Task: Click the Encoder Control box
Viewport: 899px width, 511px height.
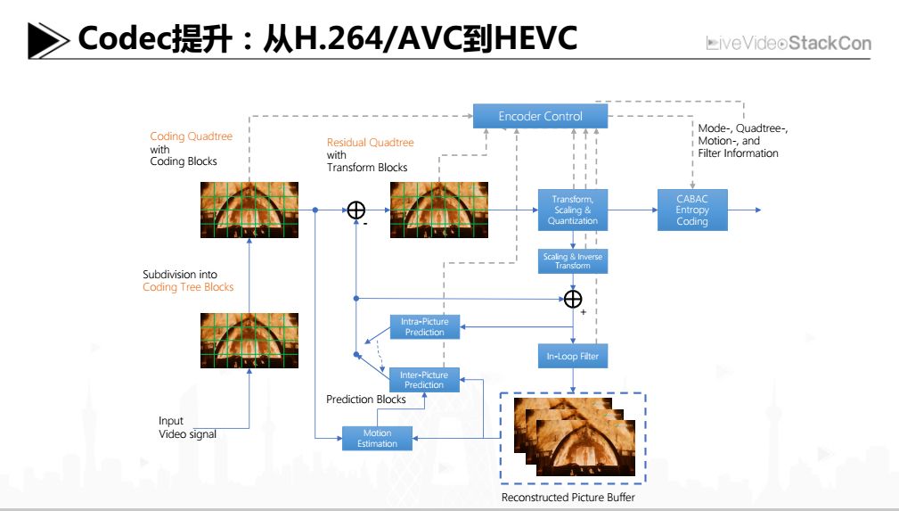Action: [540, 116]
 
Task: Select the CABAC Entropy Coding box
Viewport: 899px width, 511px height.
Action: [691, 210]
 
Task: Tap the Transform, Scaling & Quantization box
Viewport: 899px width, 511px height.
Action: [573, 210]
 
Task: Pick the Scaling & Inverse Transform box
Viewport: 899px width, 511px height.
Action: [573, 261]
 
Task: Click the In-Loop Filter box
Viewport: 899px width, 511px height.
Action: [573, 357]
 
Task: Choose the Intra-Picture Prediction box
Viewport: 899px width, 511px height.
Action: [424, 326]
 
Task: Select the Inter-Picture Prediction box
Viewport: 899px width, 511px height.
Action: [424, 380]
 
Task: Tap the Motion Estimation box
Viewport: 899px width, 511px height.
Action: [378, 438]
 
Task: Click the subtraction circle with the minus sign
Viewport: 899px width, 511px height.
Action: [356, 210]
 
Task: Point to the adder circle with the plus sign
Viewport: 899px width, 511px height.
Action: [573, 299]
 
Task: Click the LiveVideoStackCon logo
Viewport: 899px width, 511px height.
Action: [789, 43]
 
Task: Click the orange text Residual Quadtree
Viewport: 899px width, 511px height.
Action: [370, 143]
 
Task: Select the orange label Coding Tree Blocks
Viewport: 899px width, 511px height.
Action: [188, 287]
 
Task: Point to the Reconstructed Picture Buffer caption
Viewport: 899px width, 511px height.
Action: [568, 497]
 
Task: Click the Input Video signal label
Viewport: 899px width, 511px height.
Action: [186, 427]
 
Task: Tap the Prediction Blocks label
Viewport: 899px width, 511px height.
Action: [365, 400]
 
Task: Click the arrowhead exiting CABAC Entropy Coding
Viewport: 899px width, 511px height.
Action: [756, 210]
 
